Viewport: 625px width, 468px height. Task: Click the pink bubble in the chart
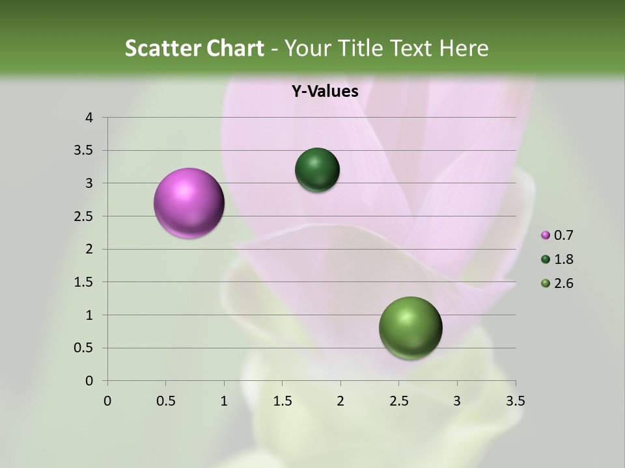pyautogui.click(x=189, y=203)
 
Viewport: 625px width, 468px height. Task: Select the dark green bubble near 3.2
pyautogui.click(x=317, y=170)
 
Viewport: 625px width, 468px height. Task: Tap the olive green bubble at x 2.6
pyautogui.click(x=410, y=328)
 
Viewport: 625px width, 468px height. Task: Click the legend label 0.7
pyautogui.click(x=564, y=235)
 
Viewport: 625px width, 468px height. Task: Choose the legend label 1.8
pyautogui.click(x=564, y=259)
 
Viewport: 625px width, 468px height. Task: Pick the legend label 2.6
pyautogui.click(x=564, y=283)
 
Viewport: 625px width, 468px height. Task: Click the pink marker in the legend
pyautogui.click(x=546, y=235)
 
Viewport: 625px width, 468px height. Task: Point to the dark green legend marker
pyautogui.click(x=546, y=259)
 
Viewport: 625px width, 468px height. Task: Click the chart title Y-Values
pyautogui.click(x=325, y=92)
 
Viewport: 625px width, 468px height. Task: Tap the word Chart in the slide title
pyautogui.click(x=235, y=48)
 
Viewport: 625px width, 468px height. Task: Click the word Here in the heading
pyautogui.click(x=463, y=48)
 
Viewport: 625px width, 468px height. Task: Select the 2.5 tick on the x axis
pyautogui.click(x=398, y=401)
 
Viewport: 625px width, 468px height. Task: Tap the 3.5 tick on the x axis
pyautogui.click(x=515, y=401)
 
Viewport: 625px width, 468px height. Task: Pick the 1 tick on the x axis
pyautogui.click(x=224, y=401)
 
